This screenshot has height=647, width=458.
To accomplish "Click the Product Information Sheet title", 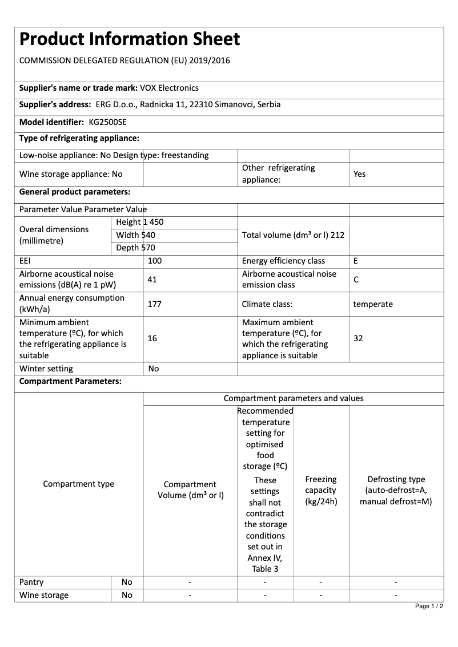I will click(x=130, y=39).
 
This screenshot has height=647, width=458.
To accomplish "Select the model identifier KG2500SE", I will click(x=108, y=122).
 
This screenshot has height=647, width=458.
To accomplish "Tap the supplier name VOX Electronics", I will click(x=169, y=88).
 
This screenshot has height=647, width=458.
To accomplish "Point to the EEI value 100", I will click(x=155, y=261).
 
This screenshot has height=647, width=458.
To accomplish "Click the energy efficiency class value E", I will click(x=356, y=261).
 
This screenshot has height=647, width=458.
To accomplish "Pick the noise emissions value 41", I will click(x=152, y=280).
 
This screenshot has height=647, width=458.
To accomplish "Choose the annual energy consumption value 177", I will click(x=154, y=304).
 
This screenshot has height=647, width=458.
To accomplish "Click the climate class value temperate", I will click(x=373, y=304).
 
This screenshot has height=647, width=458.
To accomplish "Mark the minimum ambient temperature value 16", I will click(x=152, y=338).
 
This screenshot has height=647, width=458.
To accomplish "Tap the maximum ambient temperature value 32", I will click(x=358, y=338).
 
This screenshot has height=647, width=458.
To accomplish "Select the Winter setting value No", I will click(x=153, y=369).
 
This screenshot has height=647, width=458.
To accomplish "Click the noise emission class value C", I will click(x=356, y=280).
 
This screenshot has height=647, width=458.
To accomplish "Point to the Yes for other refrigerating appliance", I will click(x=359, y=174).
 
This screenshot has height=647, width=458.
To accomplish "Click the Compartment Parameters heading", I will click(x=70, y=382).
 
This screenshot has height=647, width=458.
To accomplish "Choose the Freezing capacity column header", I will click(x=321, y=491).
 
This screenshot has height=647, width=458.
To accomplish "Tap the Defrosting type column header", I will click(x=396, y=491).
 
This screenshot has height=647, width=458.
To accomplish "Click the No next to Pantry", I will click(x=127, y=582).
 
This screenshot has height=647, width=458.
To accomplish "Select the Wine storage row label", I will click(x=44, y=595).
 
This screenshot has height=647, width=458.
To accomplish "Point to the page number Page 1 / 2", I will click(x=429, y=606).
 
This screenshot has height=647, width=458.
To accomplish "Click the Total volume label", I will click(x=293, y=234).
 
